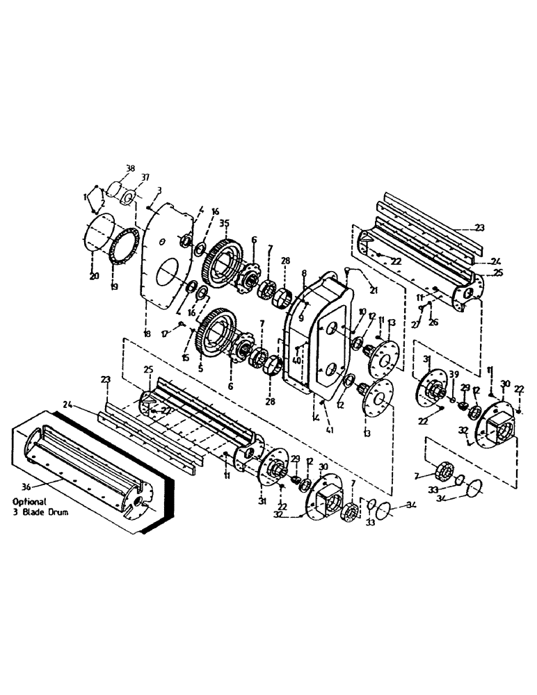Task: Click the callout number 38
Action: click(x=129, y=169)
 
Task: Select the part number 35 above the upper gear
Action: click(x=224, y=224)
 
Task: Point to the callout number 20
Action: click(x=93, y=275)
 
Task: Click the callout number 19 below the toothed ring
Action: click(x=115, y=285)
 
